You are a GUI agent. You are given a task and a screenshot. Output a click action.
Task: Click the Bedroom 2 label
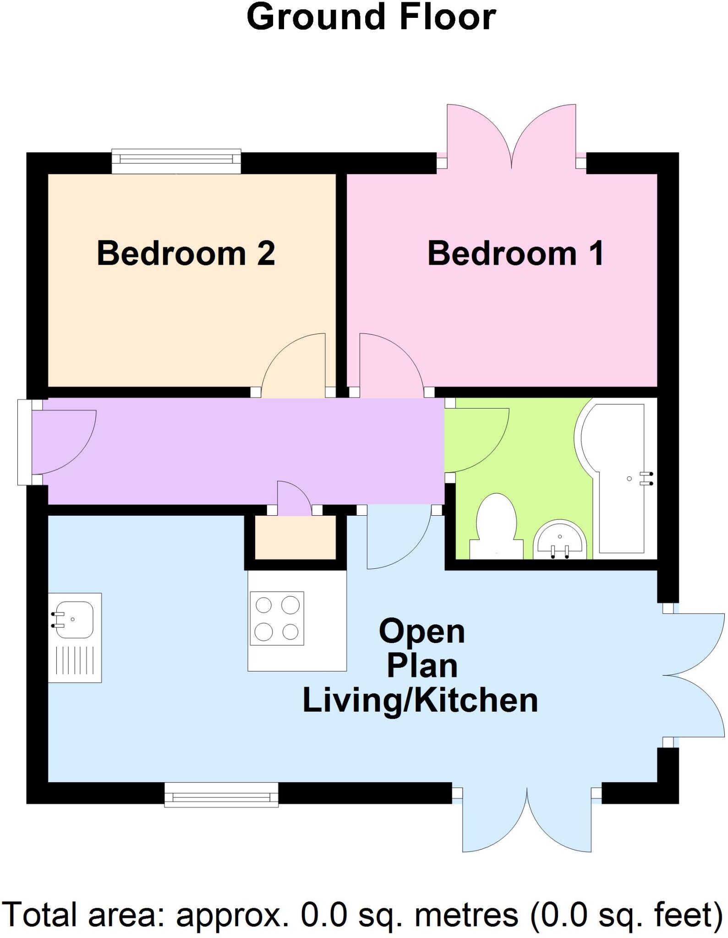186,253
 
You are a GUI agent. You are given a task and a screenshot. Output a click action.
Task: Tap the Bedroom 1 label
515,253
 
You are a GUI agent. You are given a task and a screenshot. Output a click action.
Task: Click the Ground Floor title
371,17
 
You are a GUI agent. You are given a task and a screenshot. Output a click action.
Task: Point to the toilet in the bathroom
497,527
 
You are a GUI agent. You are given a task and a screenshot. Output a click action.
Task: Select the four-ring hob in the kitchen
277,618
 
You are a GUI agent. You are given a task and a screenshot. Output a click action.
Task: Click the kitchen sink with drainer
75,638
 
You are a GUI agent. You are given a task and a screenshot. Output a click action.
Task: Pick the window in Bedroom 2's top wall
176,161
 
